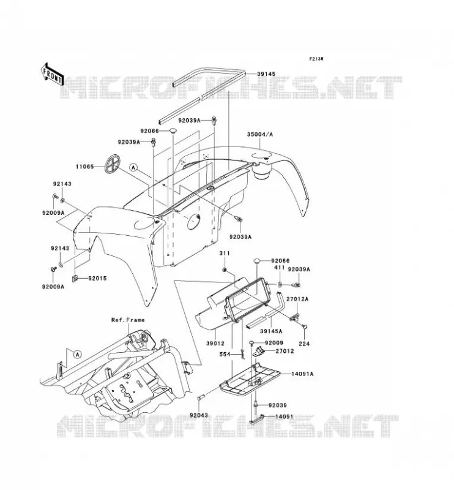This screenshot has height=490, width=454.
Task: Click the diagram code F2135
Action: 316,59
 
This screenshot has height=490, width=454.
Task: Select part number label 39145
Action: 266,74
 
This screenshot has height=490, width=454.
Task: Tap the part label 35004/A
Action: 260,134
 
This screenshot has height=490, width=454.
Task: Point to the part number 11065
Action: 84,167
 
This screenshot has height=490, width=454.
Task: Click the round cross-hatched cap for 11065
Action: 113,163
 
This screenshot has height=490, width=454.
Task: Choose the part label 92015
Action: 97,278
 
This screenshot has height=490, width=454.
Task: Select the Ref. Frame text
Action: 128,320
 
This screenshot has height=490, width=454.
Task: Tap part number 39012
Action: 215,343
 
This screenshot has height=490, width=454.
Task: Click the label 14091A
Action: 302,374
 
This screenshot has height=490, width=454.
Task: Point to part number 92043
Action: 199,415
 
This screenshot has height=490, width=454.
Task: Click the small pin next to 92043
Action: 201,399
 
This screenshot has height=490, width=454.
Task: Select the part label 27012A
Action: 297,299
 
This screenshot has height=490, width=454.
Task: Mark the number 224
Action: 304,344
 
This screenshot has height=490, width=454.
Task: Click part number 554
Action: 225,354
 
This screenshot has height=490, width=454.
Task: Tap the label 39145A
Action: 271,331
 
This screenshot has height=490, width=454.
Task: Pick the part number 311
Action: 224,253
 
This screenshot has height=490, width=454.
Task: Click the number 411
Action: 279,268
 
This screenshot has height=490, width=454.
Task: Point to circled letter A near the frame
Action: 78,355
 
